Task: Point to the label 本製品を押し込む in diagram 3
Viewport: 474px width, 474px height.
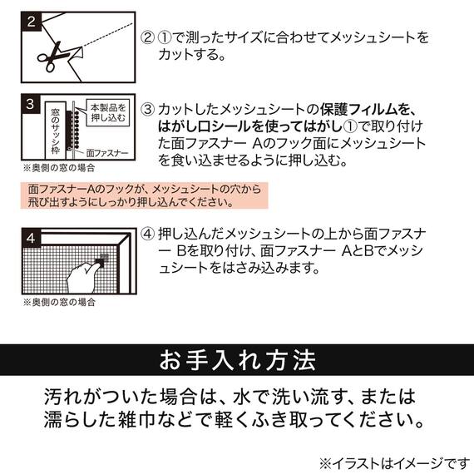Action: [108, 113]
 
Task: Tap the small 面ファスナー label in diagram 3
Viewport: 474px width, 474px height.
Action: [107, 153]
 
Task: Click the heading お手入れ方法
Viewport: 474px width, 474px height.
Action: [237, 363]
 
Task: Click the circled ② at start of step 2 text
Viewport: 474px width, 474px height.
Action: [147, 38]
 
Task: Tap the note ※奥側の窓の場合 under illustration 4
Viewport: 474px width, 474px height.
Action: [60, 301]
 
